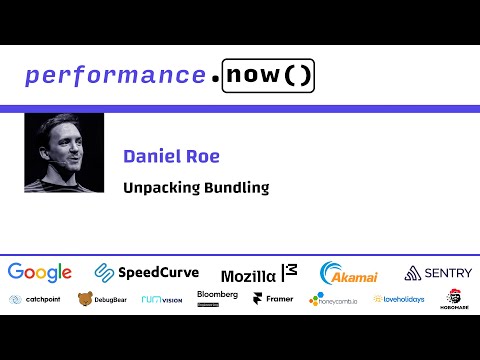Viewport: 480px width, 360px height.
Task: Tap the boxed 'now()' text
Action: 269,75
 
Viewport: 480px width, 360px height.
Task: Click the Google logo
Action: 40,272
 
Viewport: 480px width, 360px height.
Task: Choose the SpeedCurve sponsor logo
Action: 147,272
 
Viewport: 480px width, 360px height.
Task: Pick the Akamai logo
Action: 348,272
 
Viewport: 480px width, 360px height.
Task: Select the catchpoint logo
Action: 35,299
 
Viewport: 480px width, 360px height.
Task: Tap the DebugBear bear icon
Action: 85,299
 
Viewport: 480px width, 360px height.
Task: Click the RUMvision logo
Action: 161,299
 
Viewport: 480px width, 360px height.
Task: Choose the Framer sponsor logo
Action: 272,299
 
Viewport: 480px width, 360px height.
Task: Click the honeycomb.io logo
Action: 336,299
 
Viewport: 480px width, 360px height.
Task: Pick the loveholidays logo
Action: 398,299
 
